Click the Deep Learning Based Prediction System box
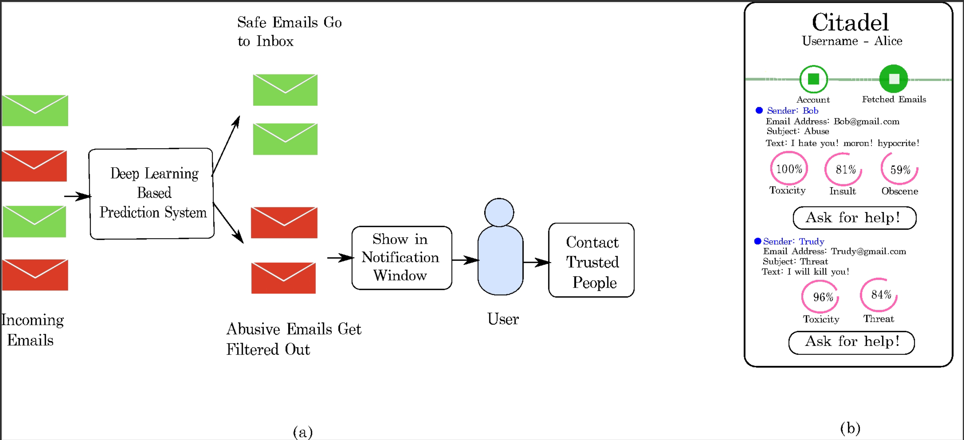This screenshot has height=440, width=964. point(151,193)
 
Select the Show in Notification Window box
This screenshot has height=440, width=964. point(402,258)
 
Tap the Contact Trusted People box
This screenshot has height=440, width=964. point(591,261)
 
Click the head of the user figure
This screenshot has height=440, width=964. point(499,212)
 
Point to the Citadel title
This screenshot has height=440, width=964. point(850,22)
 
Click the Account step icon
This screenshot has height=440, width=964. point(813,79)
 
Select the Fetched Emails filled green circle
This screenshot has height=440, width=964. point(893,79)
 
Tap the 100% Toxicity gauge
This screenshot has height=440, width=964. point(788,169)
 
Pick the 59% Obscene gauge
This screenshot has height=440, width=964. point(899,170)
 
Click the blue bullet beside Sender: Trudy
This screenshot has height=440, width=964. point(758,241)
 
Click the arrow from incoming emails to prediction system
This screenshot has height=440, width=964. point(77,196)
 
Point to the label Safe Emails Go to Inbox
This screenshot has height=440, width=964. point(289,31)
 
